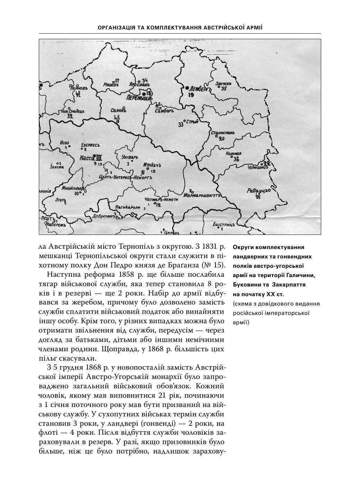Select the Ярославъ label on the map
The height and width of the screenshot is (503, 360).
pos(139,85)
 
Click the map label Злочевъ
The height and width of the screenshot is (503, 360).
pos(223,84)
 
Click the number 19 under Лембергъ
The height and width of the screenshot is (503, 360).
pos(191,95)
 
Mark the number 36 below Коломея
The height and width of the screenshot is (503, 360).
pos(236,159)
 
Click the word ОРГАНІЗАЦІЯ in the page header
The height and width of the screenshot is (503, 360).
pos(116,27)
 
